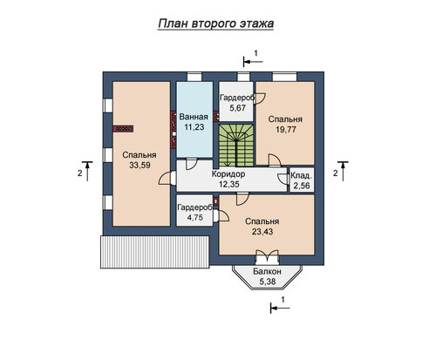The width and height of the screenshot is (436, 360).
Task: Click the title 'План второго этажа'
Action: pyautogui.click(x=216, y=24)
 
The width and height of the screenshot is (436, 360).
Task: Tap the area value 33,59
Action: pyautogui.click(x=140, y=166)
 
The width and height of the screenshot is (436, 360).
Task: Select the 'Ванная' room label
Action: pyautogui.click(x=194, y=117)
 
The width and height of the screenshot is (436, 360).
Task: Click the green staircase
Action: pyautogui.click(x=236, y=146)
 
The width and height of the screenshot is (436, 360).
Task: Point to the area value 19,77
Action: pyautogui.click(x=286, y=130)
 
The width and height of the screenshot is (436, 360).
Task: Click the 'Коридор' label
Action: pyautogui.click(x=228, y=174)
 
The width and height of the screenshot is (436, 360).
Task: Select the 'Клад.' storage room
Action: pyautogui.click(x=302, y=180)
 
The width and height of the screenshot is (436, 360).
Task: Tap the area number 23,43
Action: pyautogui.click(x=262, y=232)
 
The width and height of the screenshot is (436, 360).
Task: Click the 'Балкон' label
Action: pyautogui.click(x=267, y=271)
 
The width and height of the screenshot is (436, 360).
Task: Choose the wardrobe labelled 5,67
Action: pyautogui.click(x=235, y=101)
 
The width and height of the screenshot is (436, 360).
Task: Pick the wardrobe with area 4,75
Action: pyautogui.click(x=194, y=210)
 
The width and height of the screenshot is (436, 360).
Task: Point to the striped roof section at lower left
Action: pyautogui.click(x=154, y=252)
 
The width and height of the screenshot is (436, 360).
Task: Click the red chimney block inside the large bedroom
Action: pyautogui.click(x=123, y=129)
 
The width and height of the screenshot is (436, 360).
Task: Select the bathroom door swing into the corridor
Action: pyautogui.click(x=192, y=164)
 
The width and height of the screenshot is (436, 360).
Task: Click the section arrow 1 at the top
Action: pyautogui.click(x=253, y=61)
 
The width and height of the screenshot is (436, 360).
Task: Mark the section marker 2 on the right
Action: pyautogui.click(x=343, y=171)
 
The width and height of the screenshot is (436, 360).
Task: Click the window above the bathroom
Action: pyautogui.click(x=194, y=77)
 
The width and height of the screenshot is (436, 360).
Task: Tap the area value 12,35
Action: pyautogui.click(x=228, y=184)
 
